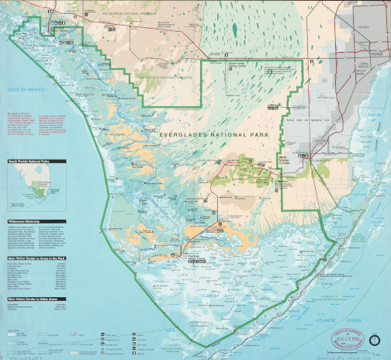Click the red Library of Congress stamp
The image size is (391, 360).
pyautogui.click(x=348, y=338)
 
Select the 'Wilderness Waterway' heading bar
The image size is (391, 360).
pyautogui.click(x=29, y=220)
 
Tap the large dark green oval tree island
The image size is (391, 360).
pyautogui.click(x=234, y=29)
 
